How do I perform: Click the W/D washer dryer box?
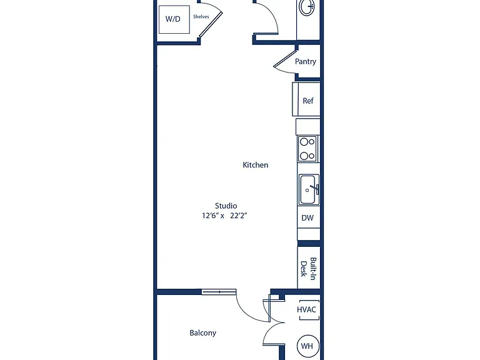point(174,19)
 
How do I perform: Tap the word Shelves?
point(201,16)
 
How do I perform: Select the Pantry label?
point(305,61)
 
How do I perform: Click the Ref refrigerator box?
point(306,99)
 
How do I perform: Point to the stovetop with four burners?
point(307,149)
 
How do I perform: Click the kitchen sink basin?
point(309,189)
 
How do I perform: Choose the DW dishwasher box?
point(309,217)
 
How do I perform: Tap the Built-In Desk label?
point(308,269)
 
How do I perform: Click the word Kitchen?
point(255,165)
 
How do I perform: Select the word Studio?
point(226,206)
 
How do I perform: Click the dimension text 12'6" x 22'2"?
point(224,216)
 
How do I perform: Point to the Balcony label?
point(203,332)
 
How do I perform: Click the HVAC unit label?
point(306,309)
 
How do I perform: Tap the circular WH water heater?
point(308,346)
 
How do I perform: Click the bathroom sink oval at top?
point(307,6)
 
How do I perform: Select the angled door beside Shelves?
point(211,24)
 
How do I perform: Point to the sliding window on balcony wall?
point(219,292)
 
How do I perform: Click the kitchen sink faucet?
point(315,188)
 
